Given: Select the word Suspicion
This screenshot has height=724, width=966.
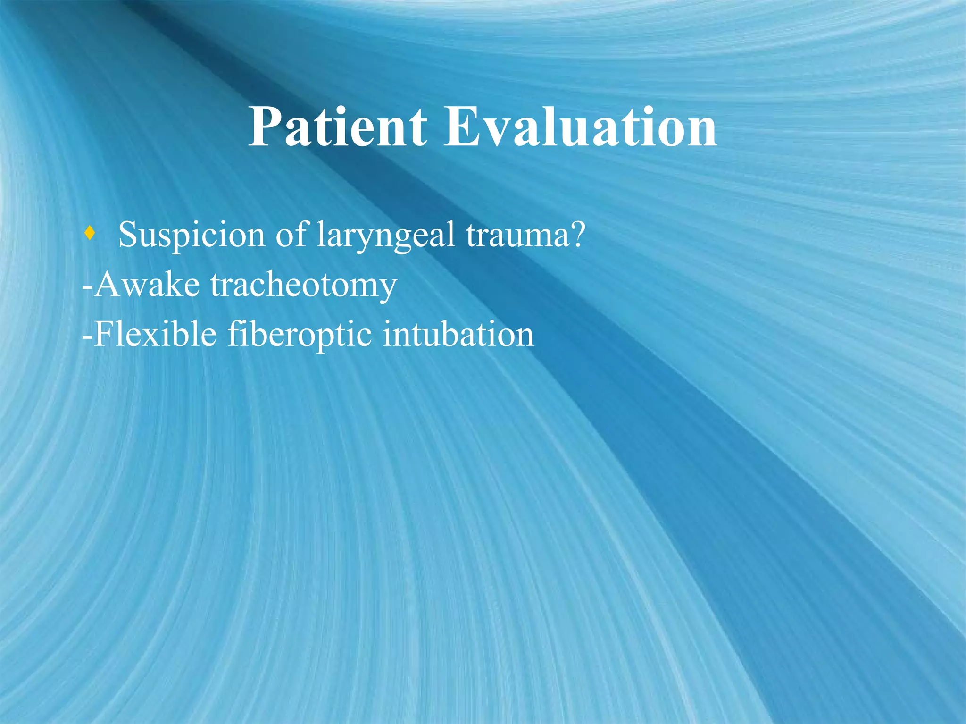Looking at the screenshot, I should coord(192,235).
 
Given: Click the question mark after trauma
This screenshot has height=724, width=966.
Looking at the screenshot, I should coord(576,235).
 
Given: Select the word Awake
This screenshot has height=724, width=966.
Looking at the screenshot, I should coord(147,285).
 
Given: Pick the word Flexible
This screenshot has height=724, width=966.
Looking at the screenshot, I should coord(155,334).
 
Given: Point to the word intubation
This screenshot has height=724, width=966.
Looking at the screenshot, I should coord(458,334).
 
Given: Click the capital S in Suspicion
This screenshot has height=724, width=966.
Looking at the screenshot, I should coord(129,235).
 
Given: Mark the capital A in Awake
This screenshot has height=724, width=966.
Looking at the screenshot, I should coord(108,285).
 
